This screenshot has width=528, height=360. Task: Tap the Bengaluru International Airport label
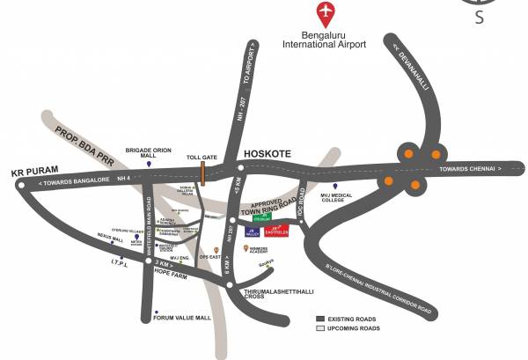point(326,40)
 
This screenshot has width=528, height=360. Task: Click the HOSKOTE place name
point(266,151)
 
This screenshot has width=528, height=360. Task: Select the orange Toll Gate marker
point(202,173)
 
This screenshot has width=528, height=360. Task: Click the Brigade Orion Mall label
point(149,153)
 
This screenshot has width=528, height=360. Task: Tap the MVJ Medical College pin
point(334,187)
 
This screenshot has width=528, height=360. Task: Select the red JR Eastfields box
point(278,231)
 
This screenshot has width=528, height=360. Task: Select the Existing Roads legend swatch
point(321,318)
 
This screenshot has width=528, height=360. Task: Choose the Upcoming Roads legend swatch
point(321,327)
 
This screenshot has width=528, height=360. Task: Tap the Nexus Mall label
point(111,237)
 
